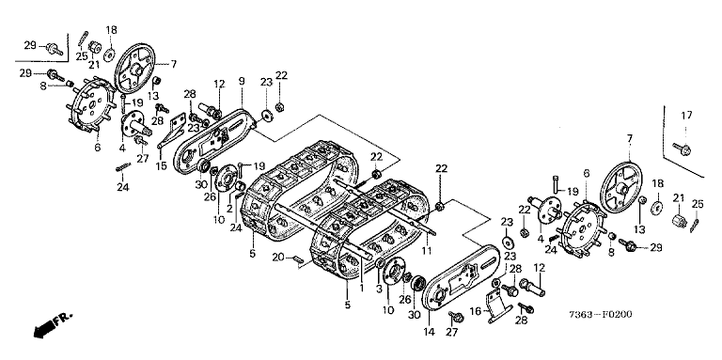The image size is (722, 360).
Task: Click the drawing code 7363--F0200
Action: [x=600, y=315]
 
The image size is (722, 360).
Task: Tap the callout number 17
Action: [x=686, y=116]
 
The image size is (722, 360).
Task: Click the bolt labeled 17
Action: [x=682, y=149]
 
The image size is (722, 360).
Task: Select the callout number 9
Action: [x=242, y=81]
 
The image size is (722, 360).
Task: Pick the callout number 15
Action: [x=161, y=165]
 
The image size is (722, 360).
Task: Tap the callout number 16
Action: [x=476, y=312]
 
